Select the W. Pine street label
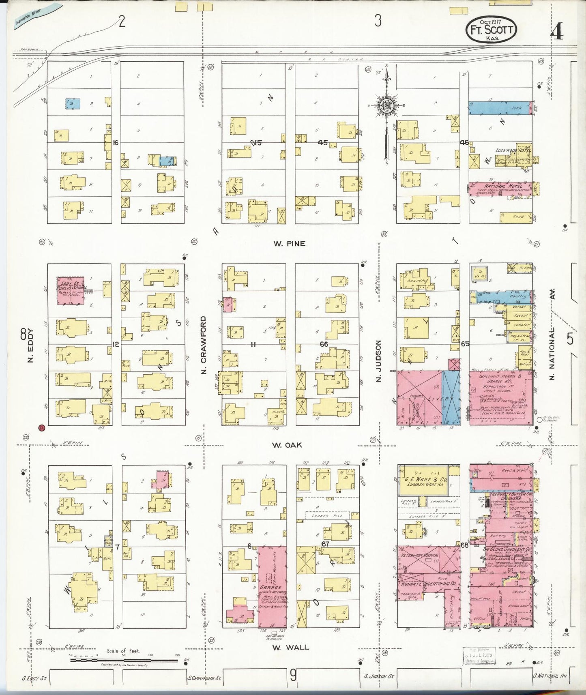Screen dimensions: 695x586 [x=289, y=244]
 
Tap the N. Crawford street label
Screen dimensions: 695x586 [x=204, y=345]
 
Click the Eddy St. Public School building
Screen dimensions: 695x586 [x=71, y=289]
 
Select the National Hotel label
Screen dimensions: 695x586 [x=499, y=186]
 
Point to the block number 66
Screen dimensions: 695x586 [x=324, y=344]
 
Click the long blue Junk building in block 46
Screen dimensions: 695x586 [x=500, y=107]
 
